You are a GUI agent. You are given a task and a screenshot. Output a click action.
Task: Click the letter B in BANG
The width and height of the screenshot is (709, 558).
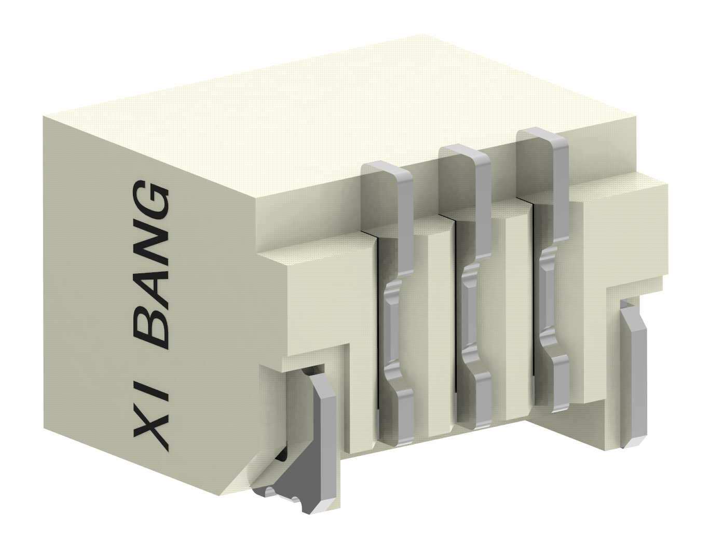pos(151,329)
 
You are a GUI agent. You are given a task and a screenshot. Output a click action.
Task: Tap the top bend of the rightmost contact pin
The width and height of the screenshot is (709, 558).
pos(542,136)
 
